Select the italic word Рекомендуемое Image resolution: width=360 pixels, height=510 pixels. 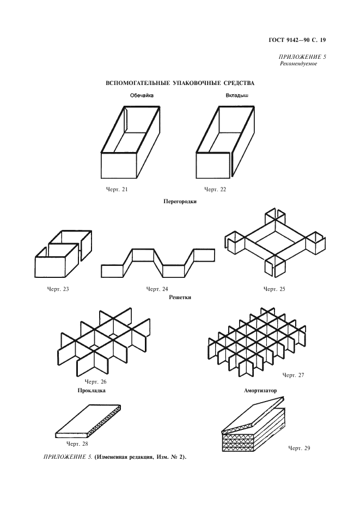(x=298, y=64)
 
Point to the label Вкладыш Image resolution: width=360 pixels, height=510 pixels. (x=237, y=95)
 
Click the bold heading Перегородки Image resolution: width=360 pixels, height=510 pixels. (x=180, y=201)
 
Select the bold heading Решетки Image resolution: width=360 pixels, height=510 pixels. (x=180, y=298)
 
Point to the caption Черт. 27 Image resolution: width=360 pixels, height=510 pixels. (x=294, y=375)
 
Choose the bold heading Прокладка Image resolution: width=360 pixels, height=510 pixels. (x=91, y=391)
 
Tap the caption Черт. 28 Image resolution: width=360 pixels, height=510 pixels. (x=77, y=444)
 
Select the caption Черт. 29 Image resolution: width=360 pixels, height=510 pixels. (x=299, y=448)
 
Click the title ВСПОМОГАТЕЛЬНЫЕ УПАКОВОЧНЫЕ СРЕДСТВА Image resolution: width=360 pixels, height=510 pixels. (x=180, y=83)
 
